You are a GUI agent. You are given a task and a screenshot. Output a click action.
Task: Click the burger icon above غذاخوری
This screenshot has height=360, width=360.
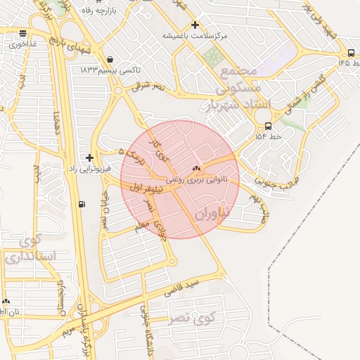coord(23,32)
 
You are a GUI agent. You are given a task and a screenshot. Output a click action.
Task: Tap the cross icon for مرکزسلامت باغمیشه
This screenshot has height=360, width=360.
coord(195,25)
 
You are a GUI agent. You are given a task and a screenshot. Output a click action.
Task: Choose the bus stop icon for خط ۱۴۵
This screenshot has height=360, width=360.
coord(351,53)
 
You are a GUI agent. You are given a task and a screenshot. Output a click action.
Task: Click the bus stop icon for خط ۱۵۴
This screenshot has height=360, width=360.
coord(268,126)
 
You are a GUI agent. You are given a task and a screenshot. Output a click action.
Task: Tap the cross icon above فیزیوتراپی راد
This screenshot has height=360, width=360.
coord(88,157)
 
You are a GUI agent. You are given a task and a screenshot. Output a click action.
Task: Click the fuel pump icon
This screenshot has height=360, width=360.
coord(82,205)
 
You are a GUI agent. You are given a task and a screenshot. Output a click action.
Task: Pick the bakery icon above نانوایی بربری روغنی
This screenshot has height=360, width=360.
coord(195,169)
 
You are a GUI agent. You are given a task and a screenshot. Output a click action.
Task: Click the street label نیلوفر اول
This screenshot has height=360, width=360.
coord(146,188)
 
